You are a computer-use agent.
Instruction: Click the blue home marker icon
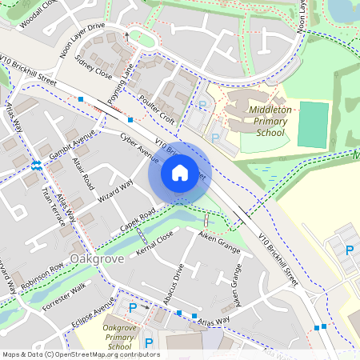tap(180, 172)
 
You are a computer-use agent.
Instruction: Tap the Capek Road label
tap(135, 218)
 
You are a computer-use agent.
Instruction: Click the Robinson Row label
tap(42, 275)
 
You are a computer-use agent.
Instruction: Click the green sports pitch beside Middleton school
tap(313, 124)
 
